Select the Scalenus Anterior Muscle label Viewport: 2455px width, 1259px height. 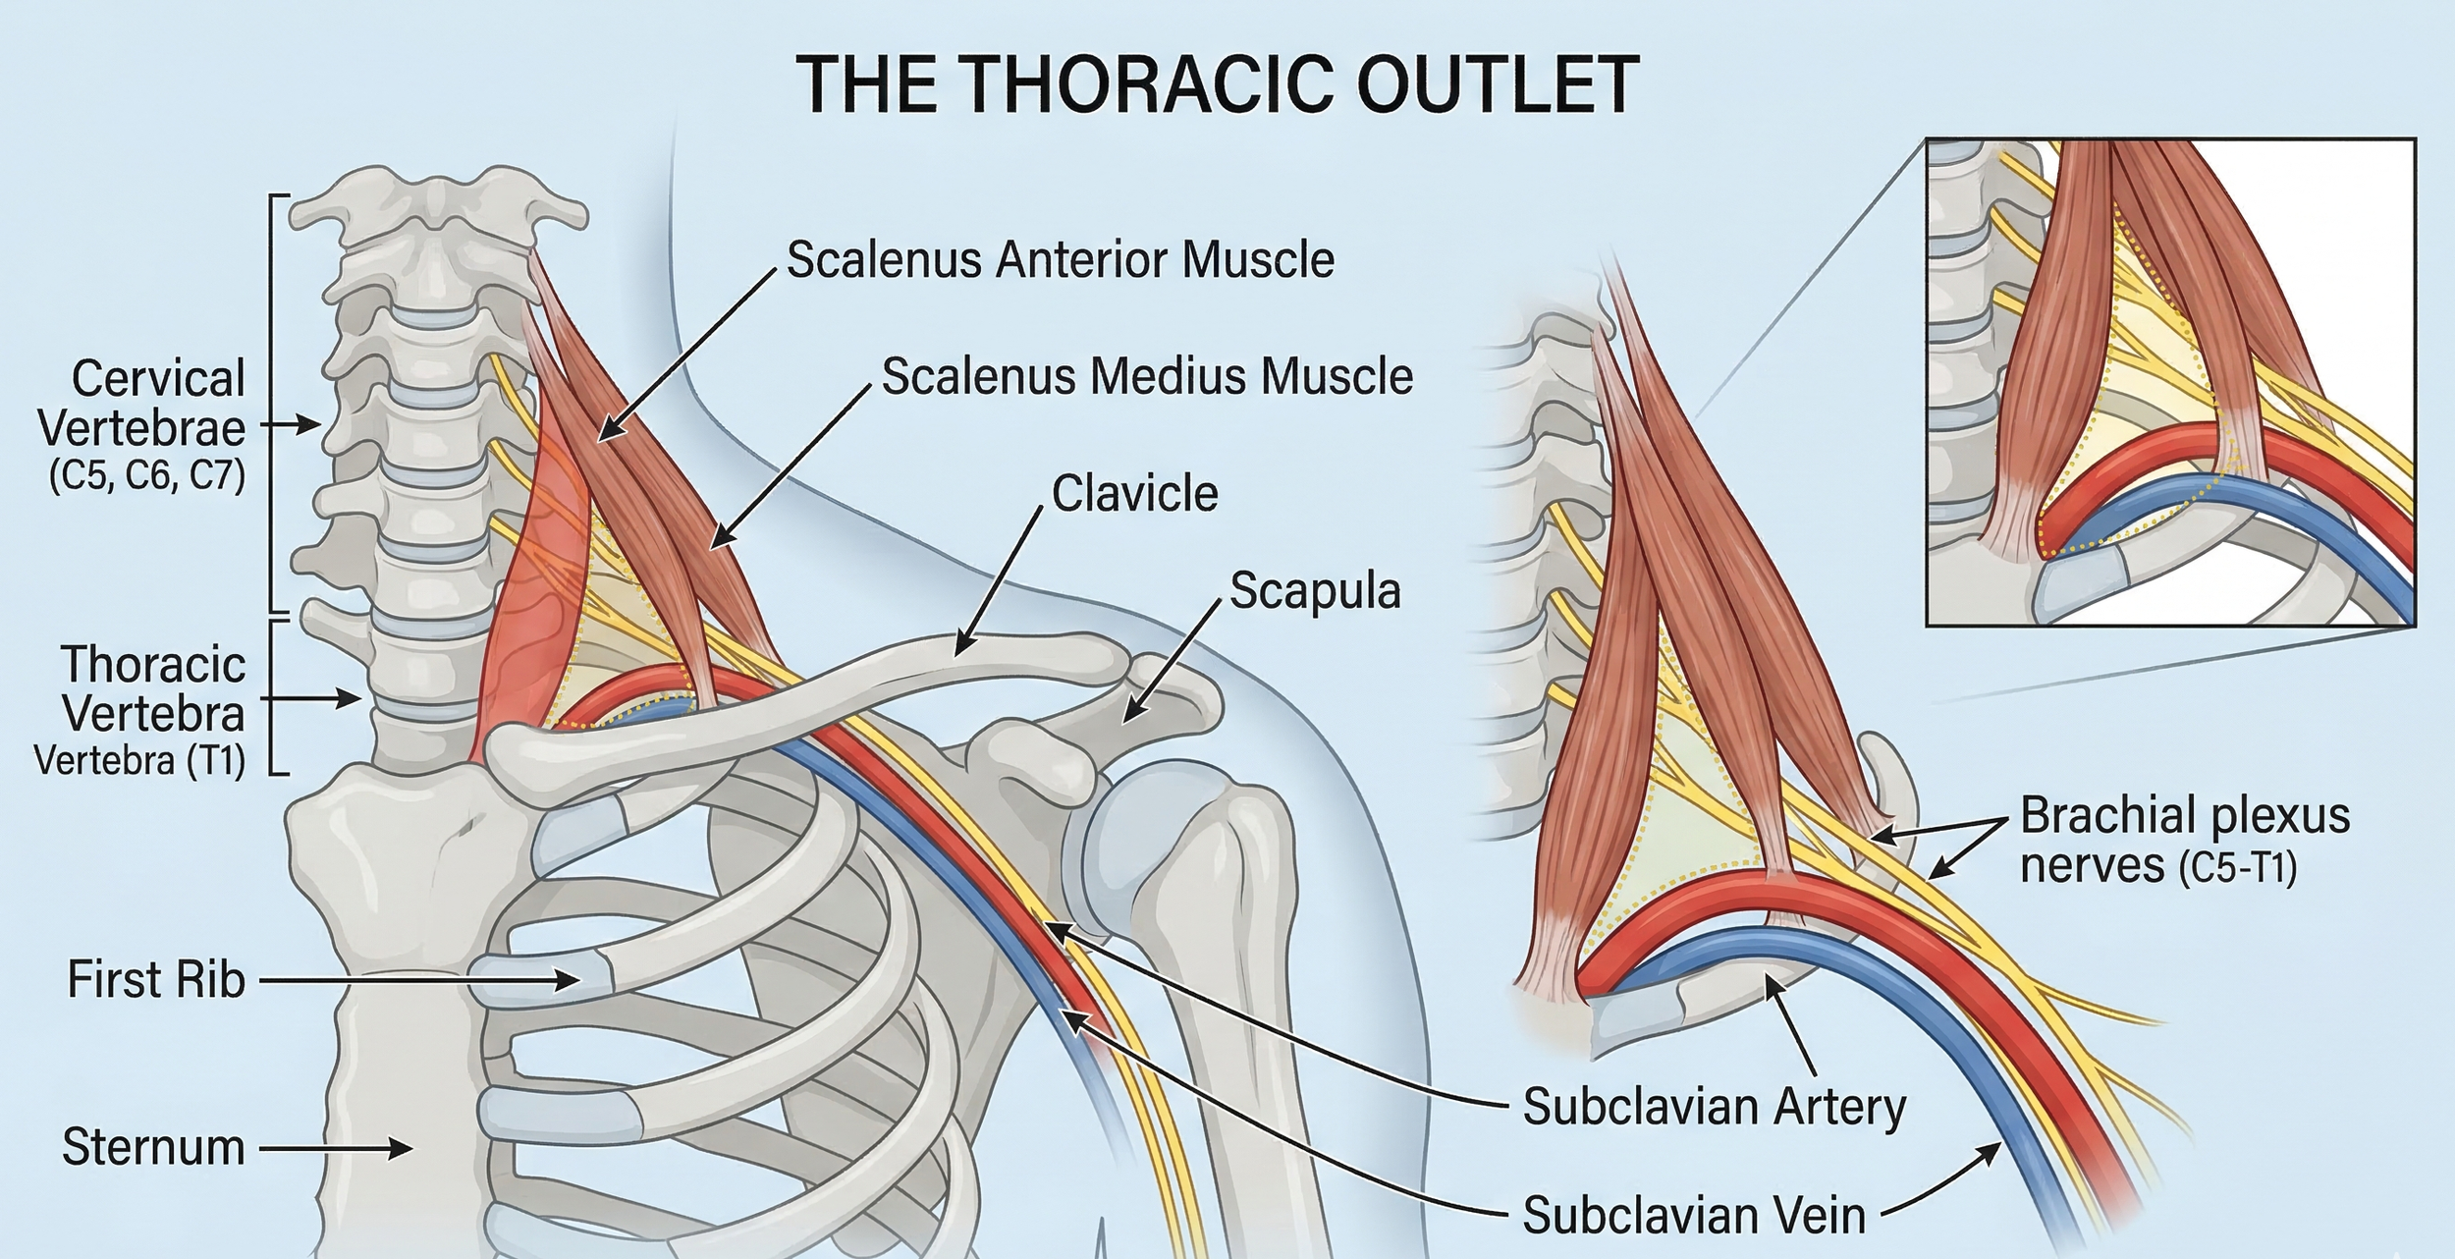1061,260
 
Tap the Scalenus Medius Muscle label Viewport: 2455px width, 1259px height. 1147,377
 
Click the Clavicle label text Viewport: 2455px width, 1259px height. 1135,494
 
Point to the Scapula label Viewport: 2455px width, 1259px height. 1315,591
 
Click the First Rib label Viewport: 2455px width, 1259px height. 155,980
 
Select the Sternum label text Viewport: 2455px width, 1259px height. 153,1147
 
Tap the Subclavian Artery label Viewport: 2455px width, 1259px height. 1714,1107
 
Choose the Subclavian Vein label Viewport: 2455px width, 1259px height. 1694,1216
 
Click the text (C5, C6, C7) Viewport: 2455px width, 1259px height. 147,478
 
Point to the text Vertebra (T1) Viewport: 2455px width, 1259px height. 139,760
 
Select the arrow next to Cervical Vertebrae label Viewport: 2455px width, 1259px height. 295,425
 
